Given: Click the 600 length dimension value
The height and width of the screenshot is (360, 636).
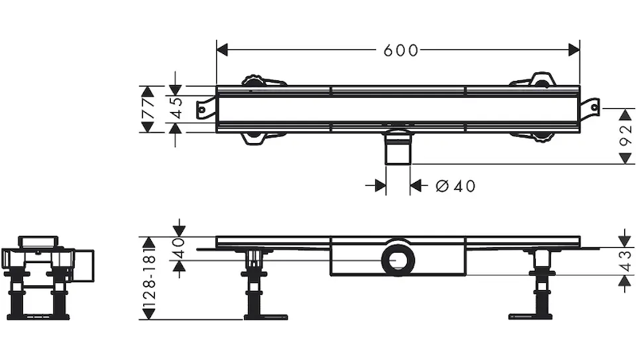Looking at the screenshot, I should tap(400, 50).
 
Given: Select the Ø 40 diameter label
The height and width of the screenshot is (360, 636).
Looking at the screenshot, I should tap(456, 186).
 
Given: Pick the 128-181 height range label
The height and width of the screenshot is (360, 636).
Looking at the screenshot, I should tap(148, 278).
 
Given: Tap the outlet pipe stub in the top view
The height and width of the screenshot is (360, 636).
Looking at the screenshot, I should tap(397, 150).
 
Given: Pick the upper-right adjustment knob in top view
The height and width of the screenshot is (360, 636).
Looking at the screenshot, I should tap(541, 80).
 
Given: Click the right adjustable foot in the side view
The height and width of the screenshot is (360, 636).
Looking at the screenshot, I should tap(541, 286).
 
